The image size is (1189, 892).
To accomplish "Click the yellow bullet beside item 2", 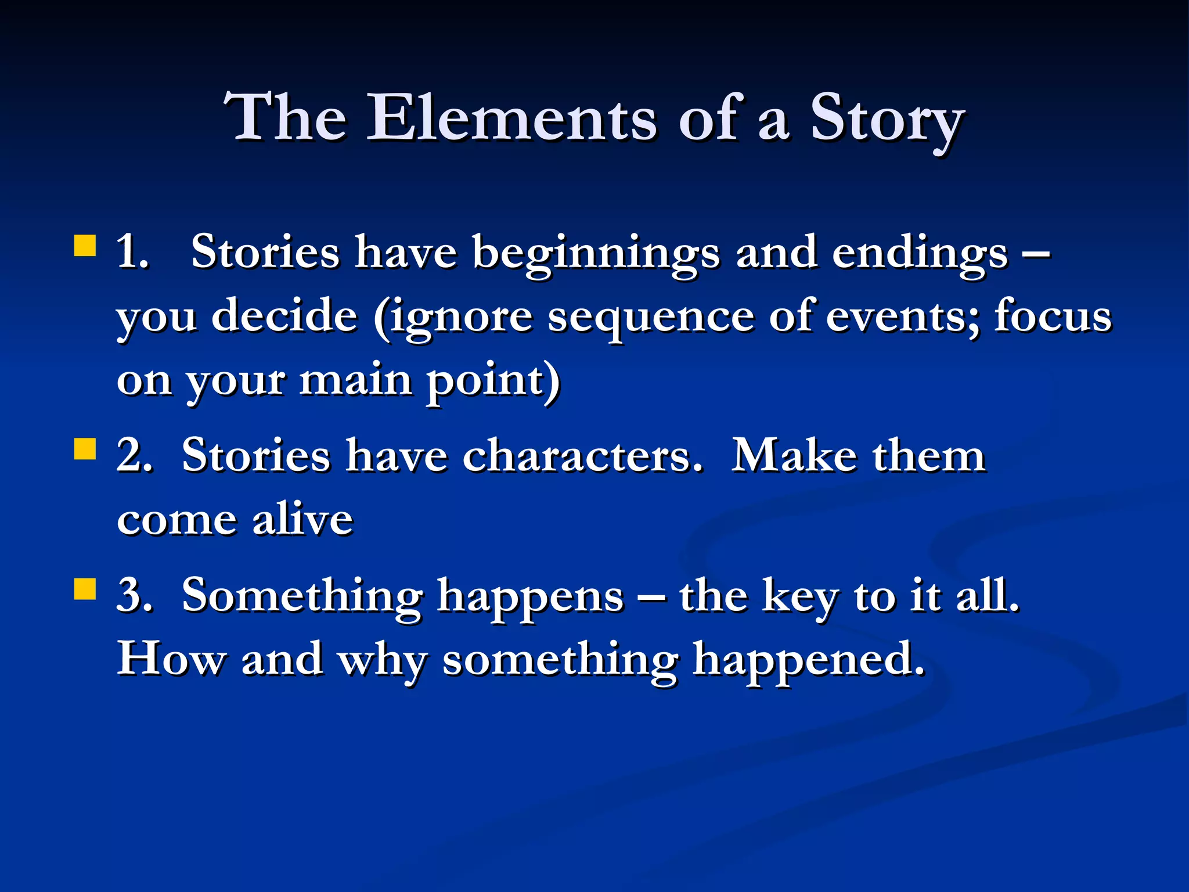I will [x=85, y=448].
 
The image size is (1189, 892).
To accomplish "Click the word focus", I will [x=1053, y=316].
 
